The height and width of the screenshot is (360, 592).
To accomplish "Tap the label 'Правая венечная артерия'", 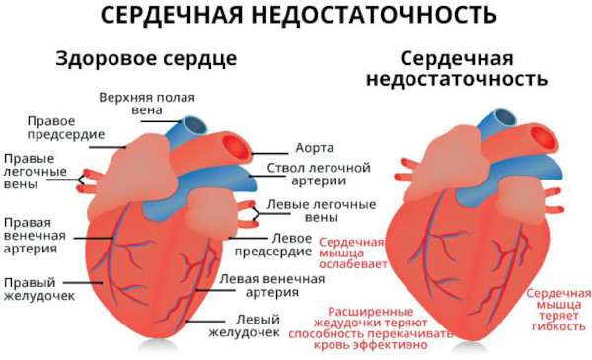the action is (x=35, y=235).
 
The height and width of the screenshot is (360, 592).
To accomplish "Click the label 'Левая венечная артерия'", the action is (x=271, y=285).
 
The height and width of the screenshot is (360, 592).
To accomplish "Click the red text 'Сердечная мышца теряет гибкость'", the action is (x=558, y=308).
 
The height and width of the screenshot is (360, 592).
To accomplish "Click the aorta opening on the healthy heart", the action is (x=237, y=151).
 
